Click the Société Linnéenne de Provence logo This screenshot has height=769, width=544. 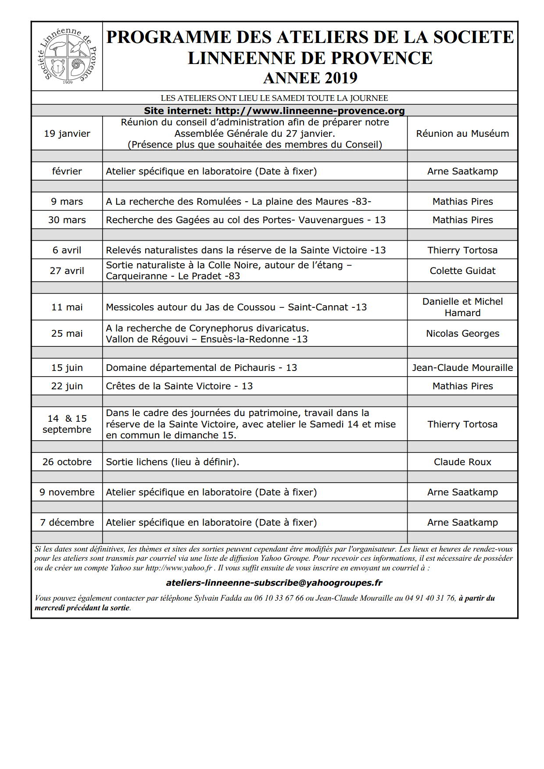(68, 56)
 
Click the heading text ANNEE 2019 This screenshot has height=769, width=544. (310, 78)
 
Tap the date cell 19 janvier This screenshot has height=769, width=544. (67, 133)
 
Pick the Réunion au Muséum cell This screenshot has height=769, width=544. (462, 133)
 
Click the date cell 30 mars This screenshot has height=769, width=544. (67, 220)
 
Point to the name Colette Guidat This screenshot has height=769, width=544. (462, 271)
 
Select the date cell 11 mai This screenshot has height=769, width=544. (67, 307)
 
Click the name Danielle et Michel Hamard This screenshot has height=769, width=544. (462, 307)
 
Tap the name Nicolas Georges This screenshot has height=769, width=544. (462, 333)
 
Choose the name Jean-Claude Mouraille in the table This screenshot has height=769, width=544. (462, 367)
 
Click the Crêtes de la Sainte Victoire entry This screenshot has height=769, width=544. (179, 386)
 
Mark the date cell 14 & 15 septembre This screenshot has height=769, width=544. (67, 424)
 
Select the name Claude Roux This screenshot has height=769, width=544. (462, 462)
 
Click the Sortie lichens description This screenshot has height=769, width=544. (172, 462)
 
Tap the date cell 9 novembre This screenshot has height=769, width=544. (67, 492)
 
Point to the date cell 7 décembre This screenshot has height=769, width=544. (67, 522)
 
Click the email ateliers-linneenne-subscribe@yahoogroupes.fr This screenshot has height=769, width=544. (274, 583)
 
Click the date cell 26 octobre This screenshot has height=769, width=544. (67, 462)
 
